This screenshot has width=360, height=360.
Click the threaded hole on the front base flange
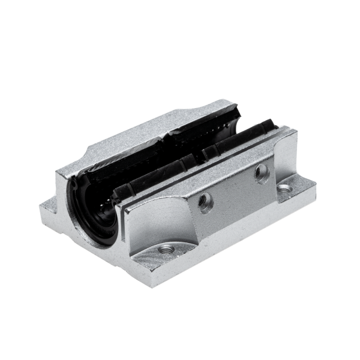click(166, 248)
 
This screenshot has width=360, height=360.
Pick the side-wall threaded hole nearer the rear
click(261, 174)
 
